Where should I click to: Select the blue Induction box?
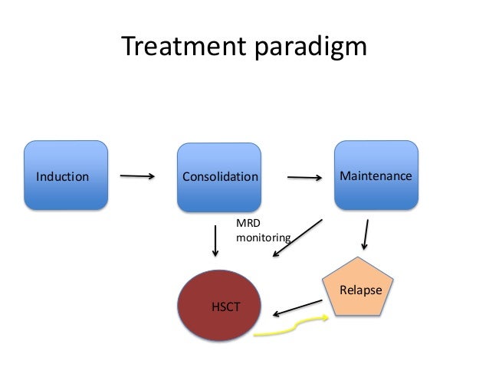click(65, 176)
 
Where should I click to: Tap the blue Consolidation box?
click(220, 178)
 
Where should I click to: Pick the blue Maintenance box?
click(376, 175)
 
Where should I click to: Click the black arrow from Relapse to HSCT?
click(297, 306)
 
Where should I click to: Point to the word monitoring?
click(263, 238)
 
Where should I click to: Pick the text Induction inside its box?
click(62, 177)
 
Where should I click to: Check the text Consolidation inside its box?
click(220, 177)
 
